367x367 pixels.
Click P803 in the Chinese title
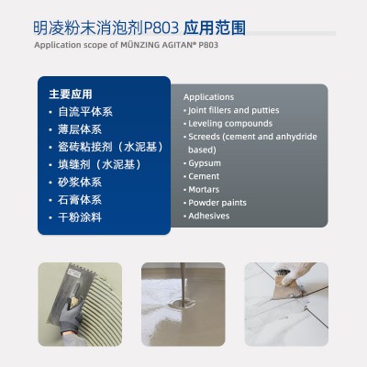click(161, 28)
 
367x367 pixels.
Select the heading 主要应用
click(71, 94)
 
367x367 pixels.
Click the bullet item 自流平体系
click(85, 112)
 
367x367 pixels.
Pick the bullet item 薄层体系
click(80, 129)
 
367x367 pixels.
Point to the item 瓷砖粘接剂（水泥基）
click(110, 147)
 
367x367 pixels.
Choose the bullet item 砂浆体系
click(80, 183)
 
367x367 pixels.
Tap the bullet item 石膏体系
click(80, 200)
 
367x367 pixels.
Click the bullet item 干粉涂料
click(80, 217)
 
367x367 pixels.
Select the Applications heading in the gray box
click(209, 97)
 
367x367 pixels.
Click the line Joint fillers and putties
click(234, 110)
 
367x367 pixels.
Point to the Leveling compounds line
click(230, 124)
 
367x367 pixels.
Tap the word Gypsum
click(205, 163)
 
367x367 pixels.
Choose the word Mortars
click(204, 190)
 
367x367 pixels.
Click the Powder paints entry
click(217, 203)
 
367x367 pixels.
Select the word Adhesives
click(209, 216)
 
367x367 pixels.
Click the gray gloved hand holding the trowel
click(71, 315)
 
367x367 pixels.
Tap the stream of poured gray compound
click(183, 283)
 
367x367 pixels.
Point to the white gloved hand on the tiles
click(292, 272)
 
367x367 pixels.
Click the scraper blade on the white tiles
click(286, 289)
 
